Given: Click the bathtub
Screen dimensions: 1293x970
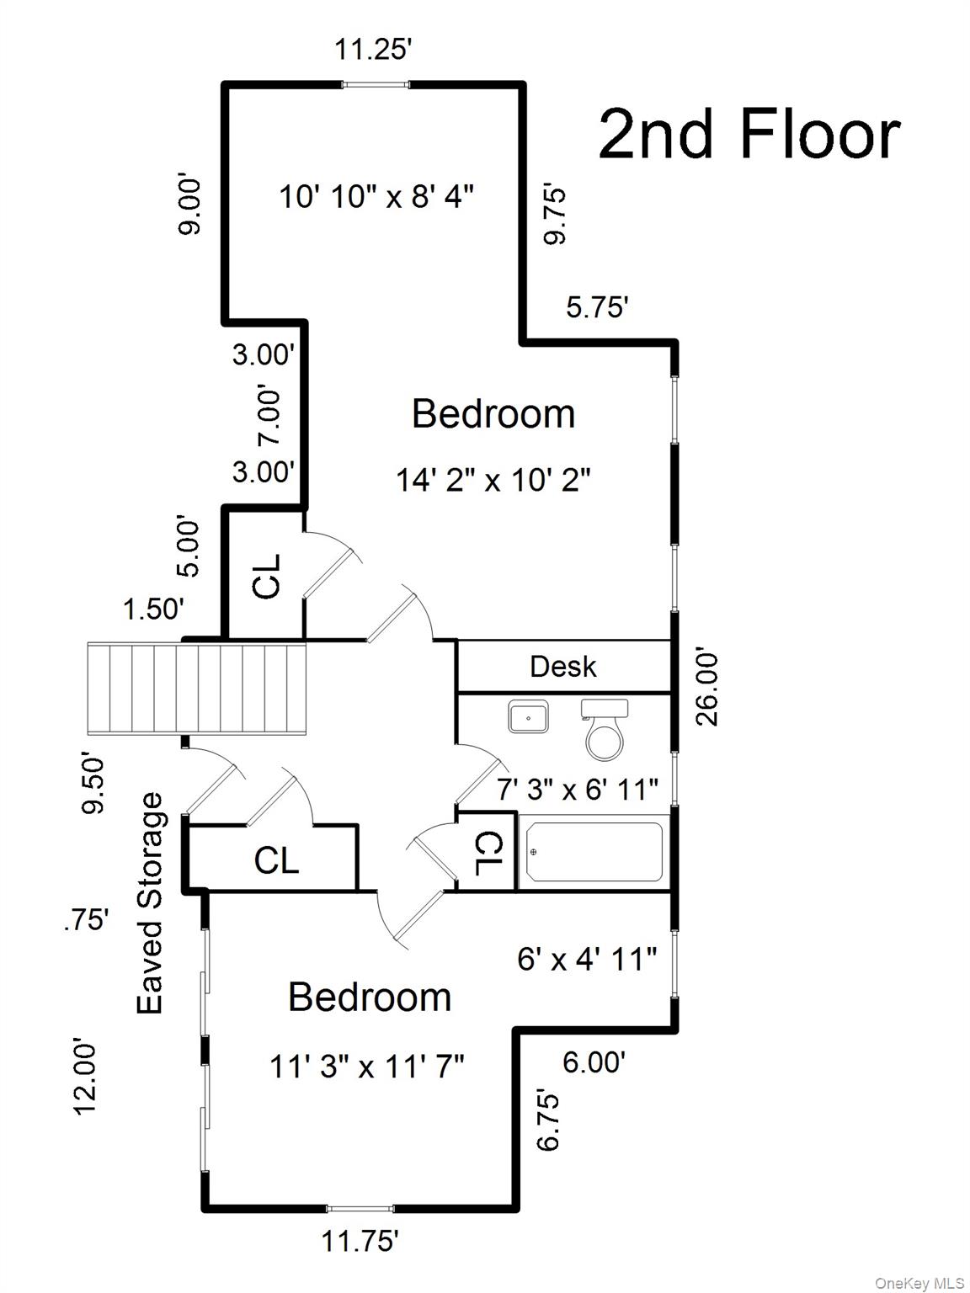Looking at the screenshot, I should [594, 852].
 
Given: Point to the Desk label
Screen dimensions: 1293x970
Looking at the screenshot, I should [562, 667].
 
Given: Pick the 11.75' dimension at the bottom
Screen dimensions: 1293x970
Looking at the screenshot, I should [360, 1241].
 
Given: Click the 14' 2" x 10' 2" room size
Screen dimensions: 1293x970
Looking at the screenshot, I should [493, 481].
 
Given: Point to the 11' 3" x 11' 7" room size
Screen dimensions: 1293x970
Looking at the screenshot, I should [367, 1067].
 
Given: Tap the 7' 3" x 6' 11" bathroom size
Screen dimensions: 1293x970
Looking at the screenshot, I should [578, 790].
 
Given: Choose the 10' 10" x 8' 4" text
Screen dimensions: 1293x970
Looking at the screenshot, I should [376, 197].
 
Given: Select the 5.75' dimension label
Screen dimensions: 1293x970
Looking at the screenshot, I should [597, 307].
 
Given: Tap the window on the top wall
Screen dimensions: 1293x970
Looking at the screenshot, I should [375, 84].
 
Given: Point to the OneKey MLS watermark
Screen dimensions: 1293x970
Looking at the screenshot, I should [919, 1283].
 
